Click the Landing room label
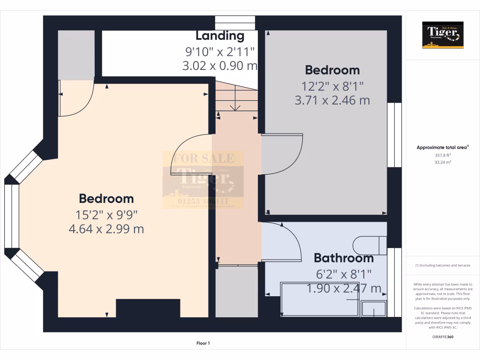pyautogui.click(x=220, y=36)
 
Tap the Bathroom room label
pyautogui.click(x=344, y=258)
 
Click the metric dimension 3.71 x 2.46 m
pyautogui.click(x=332, y=100)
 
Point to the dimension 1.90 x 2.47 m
pyautogui.click(x=344, y=288)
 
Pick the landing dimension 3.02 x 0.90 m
pyautogui.click(x=220, y=66)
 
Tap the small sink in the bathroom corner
pyautogui.click(x=375, y=309)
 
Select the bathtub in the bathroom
pyautogui.click(x=321, y=300)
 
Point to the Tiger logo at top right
pyautogui.click(x=443, y=35)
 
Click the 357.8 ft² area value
pyautogui.click(x=443, y=155)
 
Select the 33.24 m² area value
pyautogui.click(x=443, y=162)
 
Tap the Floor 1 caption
pyautogui.click(x=203, y=344)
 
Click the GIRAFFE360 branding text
pyautogui.click(x=443, y=337)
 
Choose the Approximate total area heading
pyautogui.click(x=442, y=147)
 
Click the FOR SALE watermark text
pyautogui.click(x=203, y=158)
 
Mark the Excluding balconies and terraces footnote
pyautogui.click(x=443, y=265)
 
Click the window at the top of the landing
pyautogui.click(x=235, y=22)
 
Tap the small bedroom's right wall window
pyautogui.click(x=394, y=135)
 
